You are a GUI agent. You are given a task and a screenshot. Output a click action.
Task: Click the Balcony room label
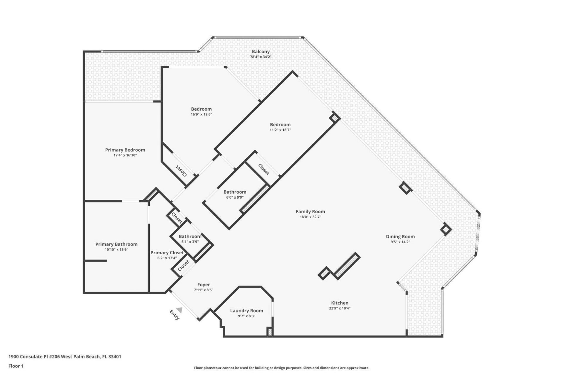[x=261, y=52]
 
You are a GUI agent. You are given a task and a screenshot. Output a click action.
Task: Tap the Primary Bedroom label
[x=125, y=150]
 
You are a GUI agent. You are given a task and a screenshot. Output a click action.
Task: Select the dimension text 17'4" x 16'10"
[x=125, y=155]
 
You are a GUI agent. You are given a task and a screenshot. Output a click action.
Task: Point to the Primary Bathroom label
[x=116, y=244]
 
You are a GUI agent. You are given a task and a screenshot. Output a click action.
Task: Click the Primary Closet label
[x=167, y=253]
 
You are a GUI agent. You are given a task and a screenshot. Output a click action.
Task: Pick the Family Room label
[x=310, y=211]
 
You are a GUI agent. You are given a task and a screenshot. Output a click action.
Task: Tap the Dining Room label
[x=400, y=237]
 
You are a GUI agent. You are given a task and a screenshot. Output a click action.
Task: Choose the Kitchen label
[x=340, y=303]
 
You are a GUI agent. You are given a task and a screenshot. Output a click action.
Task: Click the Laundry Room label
[x=246, y=311]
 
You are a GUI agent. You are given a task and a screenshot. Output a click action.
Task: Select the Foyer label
[x=204, y=285]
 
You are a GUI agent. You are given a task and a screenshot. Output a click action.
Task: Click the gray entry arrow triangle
[x=179, y=310]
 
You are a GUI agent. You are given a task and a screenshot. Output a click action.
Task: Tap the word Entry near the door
[x=174, y=315]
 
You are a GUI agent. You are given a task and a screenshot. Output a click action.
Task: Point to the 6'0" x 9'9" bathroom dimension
[x=235, y=197]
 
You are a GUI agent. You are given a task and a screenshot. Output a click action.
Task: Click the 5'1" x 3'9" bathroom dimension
[x=190, y=242]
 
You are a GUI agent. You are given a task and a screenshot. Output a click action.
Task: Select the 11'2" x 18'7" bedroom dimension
[x=280, y=130]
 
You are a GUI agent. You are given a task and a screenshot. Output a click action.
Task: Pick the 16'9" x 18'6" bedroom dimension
[x=201, y=114]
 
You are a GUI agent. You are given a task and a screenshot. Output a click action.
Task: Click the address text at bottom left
[x=65, y=357]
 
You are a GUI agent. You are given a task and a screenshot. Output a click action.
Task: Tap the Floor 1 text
[x=16, y=366]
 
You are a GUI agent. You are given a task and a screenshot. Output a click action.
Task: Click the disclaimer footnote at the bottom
[x=281, y=368]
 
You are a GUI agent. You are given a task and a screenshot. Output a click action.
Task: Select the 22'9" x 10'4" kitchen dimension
[x=340, y=308]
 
